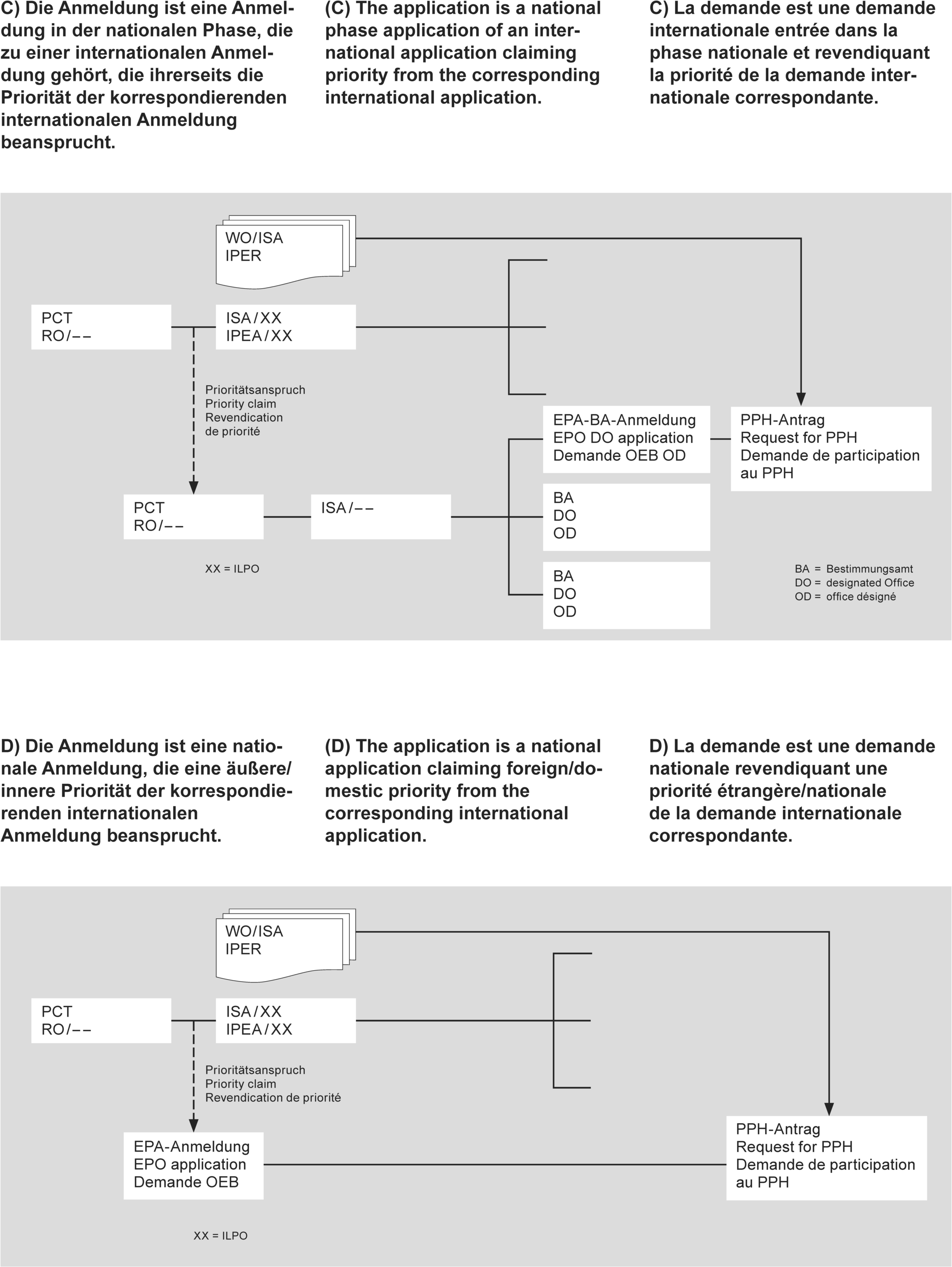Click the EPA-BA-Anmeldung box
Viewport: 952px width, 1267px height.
pos(626,439)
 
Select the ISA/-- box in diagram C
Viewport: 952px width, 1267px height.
pos(380,517)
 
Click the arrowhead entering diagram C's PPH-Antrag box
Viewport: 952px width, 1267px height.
pos(801,399)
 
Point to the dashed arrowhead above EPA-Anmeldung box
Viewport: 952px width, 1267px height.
pos(194,1125)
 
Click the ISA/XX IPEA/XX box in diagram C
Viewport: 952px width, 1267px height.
pos(285,327)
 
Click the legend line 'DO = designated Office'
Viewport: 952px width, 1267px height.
pos(854,583)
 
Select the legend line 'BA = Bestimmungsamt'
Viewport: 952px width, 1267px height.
pos(854,569)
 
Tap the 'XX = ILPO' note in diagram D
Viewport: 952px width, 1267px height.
pos(221,1235)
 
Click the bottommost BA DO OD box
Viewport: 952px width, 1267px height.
pos(626,594)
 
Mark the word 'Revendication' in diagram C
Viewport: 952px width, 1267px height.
pos(244,417)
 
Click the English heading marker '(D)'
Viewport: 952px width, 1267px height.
pos(338,746)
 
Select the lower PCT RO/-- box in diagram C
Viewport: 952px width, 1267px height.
pos(193,517)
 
